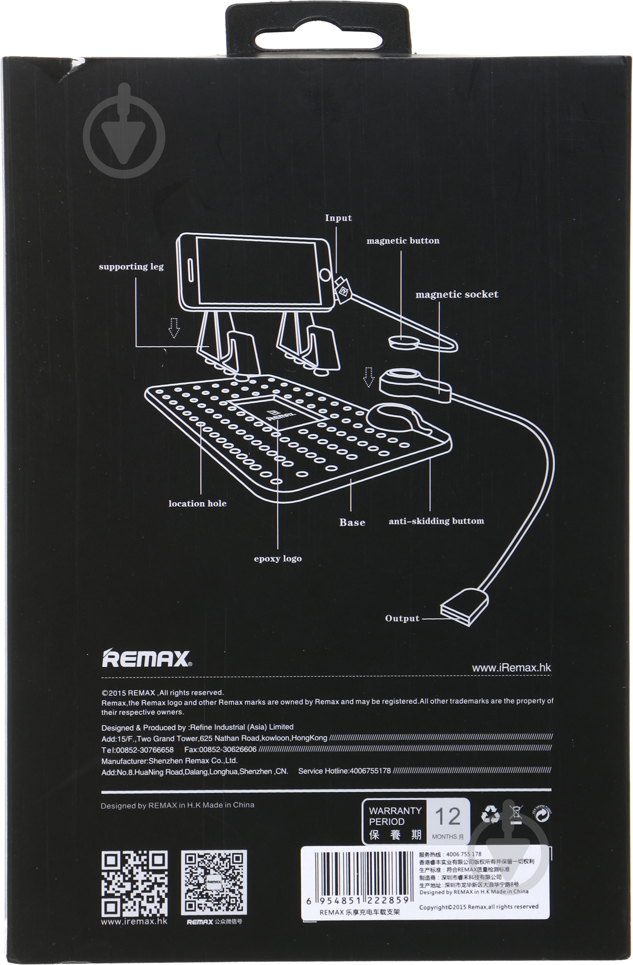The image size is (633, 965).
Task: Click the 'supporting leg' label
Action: tap(131, 266)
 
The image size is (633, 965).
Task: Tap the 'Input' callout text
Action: tap(338, 218)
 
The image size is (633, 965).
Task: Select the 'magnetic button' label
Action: tap(403, 241)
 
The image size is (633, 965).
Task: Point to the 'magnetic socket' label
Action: tap(456, 295)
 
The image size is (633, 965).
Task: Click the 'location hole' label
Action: tap(197, 503)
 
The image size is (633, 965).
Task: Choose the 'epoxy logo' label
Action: tap(278, 559)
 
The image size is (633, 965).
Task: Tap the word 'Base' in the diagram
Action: tap(352, 522)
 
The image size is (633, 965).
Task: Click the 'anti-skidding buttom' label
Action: tap(436, 521)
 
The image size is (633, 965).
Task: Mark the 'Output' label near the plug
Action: tap(402, 618)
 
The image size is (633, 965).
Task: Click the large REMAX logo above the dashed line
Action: tap(146, 659)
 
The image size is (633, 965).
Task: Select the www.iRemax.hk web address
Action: tap(511, 668)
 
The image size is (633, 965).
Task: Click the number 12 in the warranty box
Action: tap(448, 816)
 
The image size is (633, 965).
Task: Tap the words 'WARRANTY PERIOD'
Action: tap(395, 816)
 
